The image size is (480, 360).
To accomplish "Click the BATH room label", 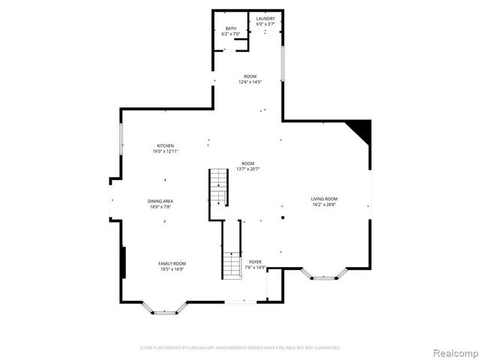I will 229,28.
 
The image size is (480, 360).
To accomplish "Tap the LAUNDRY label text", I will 265,19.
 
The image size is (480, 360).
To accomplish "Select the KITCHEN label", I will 165,145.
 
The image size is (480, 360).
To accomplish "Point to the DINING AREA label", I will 160,201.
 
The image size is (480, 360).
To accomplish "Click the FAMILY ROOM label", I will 172,263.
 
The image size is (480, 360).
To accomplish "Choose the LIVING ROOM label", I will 325,199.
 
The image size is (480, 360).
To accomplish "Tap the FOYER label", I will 255,262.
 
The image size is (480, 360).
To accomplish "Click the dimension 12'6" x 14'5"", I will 250,82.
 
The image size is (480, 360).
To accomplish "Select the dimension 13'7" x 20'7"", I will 247,169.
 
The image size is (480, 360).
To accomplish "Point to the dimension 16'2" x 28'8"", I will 325,204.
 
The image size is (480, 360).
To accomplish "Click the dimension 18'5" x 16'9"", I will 172,268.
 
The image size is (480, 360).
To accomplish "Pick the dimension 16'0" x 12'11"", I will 165,151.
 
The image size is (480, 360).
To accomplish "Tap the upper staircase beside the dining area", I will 217,187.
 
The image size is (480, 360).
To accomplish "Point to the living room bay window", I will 324,274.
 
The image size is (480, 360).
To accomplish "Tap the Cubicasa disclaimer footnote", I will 240,348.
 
